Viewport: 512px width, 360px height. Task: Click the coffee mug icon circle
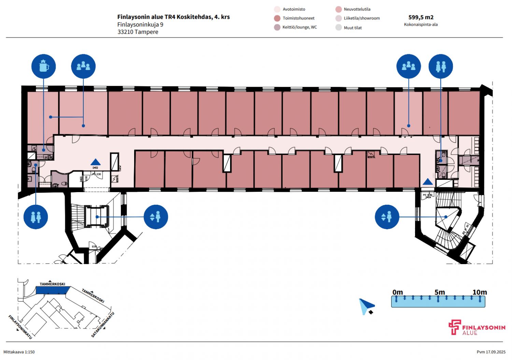click(x=44, y=66)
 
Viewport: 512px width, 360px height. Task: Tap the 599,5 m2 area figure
click(x=421, y=17)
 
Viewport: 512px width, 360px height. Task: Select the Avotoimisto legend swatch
click(x=277, y=9)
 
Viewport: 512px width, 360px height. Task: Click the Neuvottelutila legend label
click(x=357, y=9)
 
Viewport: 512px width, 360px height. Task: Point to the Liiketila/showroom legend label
click(x=361, y=18)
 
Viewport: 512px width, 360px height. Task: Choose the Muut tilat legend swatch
click(x=338, y=28)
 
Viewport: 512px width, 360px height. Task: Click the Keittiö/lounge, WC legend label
click(x=299, y=27)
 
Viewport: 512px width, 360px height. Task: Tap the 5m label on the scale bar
click(x=440, y=292)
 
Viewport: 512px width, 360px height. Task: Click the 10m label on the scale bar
click(x=480, y=292)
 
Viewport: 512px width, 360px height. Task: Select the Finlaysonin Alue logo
click(x=477, y=328)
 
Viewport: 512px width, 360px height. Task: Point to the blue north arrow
click(x=367, y=306)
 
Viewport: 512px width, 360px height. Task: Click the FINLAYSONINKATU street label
click(x=20, y=327)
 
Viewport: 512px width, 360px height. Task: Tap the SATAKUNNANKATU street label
click(x=103, y=325)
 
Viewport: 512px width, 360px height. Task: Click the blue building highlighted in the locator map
click(x=52, y=290)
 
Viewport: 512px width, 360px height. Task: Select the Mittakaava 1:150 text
click(x=19, y=352)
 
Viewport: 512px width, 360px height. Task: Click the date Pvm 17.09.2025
click(x=491, y=352)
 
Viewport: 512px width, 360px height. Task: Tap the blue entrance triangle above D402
click(x=96, y=162)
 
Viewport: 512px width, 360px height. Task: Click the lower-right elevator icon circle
click(x=387, y=217)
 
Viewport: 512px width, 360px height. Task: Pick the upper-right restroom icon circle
click(x=441, y=66)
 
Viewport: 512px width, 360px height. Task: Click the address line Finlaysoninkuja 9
click(x=140, y=25)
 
